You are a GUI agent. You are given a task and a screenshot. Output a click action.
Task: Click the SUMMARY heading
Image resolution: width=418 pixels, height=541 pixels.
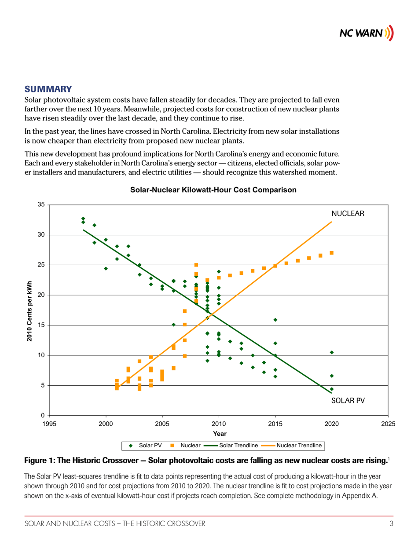[48, 89]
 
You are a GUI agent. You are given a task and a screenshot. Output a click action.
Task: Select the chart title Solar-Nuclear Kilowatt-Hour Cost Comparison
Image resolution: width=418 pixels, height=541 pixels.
[213, 190]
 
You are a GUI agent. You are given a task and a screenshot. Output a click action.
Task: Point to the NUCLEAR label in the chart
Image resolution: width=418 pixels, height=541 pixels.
[348, 213]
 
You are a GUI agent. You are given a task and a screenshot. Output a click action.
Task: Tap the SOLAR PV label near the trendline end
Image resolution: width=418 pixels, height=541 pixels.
[348, 401]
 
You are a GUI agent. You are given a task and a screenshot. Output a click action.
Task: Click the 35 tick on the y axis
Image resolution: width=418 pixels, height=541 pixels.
[41, 205]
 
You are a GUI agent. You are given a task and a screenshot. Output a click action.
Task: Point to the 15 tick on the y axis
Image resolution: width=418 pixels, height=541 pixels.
[41, 325]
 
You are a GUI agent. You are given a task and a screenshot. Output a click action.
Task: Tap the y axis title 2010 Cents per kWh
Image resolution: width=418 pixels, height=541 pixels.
[29, 311]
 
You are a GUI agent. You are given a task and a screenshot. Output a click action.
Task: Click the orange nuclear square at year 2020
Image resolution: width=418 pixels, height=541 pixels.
[331, 253]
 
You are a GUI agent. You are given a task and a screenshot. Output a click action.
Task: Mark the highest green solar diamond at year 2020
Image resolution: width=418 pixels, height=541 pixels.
[331, 352]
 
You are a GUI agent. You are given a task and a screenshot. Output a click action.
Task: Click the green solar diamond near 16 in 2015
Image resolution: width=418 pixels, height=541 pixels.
[275, 320]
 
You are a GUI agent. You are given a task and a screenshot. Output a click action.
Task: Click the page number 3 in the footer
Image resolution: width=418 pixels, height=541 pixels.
[391, 523]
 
